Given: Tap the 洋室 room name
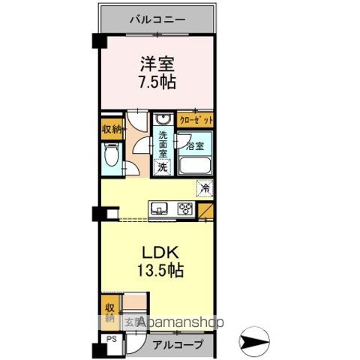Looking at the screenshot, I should click(x=157, y=63).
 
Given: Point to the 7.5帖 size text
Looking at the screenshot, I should click(x=157, y=82).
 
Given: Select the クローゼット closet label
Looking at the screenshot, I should click(x=196, y=120).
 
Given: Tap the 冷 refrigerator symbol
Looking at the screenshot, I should click(x=204, y=187).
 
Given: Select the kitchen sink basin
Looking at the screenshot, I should click(x=160, y=208).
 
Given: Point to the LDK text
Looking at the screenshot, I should click(x=157, y=251).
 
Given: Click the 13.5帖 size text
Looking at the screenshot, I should click(x=157, y=270).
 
